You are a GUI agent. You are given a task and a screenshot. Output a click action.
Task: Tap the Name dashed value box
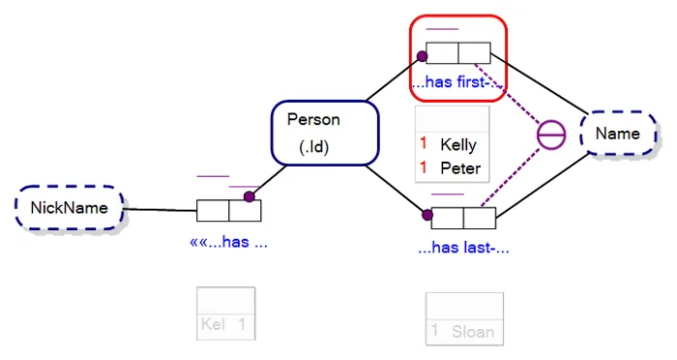[x=617, y=134]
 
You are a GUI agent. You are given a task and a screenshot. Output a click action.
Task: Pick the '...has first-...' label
[x=455, y=82]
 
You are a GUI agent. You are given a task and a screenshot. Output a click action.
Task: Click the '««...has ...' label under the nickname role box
[x=229, y=242]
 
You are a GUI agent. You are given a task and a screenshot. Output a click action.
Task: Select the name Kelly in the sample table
[x=457, y=145]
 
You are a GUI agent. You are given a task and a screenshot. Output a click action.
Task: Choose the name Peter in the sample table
[x=459, y=167]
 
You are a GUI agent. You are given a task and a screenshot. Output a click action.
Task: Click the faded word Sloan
[x=473, y=332]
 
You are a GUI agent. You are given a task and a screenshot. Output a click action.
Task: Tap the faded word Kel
[x=214, y=325]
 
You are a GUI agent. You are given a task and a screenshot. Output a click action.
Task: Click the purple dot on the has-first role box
[x=423, y=57]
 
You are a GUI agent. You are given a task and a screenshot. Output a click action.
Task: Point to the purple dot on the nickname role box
[x=249, y=196]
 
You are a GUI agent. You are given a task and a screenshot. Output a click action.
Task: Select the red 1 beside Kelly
[x=423, y=144]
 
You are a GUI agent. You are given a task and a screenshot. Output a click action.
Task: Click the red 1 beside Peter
[x=423, y=167]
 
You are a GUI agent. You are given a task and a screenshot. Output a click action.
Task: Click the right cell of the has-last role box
[x=479, y=218]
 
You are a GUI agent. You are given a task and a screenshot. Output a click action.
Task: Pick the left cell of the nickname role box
[x=213, y=210]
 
